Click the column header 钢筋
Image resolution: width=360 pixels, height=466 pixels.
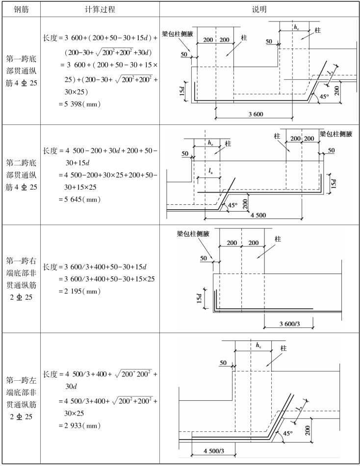[19, 9]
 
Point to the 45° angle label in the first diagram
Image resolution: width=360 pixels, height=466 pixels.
[324, 97]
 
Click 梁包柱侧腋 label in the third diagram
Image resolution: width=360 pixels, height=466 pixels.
[193, 234]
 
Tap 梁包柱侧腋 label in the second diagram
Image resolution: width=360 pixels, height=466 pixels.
[336, 133]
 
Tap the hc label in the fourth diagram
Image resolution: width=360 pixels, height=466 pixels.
[258, 345]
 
